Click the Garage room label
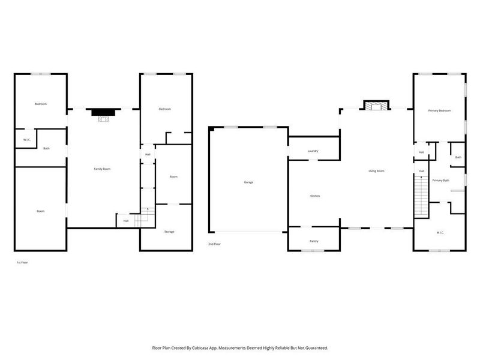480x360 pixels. click(x=248, y=182)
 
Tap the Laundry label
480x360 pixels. click(x=313, y=151)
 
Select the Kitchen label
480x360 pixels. click(x=315, y=196)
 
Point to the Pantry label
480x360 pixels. click(x=314, y=241)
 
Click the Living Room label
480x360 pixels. click(x=376, y=171)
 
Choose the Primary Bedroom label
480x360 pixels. click(x=439, y=111)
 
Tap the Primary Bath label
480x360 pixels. click(x=441, y=180)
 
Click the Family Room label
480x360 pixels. click(x=102, y=169)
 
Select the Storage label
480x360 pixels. click(x=169, y=232)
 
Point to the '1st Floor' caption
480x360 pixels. click(x=22, y=263)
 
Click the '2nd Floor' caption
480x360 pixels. click(x=215, y=244)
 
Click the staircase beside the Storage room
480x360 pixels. click(x=144, y=217)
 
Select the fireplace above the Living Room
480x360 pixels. click(x=376, y=106)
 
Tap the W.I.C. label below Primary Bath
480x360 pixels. click(x=440, y=232)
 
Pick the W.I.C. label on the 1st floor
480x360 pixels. click(x=26, y=140)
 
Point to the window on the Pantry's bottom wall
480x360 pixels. click(x=313, y=250)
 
